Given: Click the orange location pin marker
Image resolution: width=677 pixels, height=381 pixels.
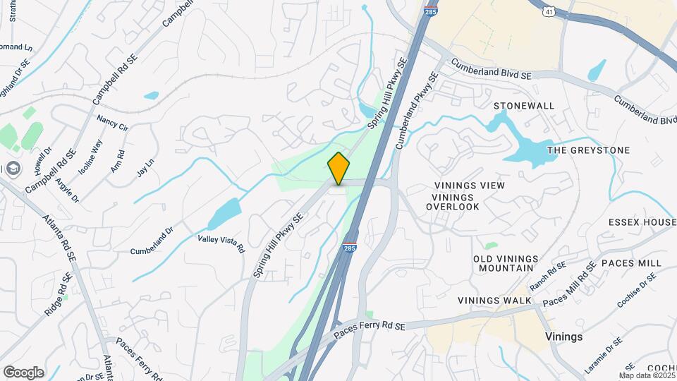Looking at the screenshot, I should (x=338, y=168).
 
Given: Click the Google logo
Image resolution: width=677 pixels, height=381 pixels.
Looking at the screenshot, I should (x=23, y=372).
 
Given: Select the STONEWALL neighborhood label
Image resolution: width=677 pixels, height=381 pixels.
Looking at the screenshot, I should (x=523, y=106).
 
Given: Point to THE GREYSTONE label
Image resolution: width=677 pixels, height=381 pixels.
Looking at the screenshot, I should (x=588, y=150).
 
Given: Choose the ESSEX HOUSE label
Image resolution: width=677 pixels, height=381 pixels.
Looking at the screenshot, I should (x=642, y=222).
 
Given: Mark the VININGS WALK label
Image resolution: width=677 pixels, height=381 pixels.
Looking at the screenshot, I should (x=494, y=301).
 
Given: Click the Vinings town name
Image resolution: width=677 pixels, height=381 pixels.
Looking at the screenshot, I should (x=564, y=337).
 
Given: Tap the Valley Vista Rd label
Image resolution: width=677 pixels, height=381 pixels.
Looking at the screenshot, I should (x=221, y=244).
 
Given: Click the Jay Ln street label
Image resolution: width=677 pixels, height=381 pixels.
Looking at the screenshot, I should (x=145, y=168).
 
